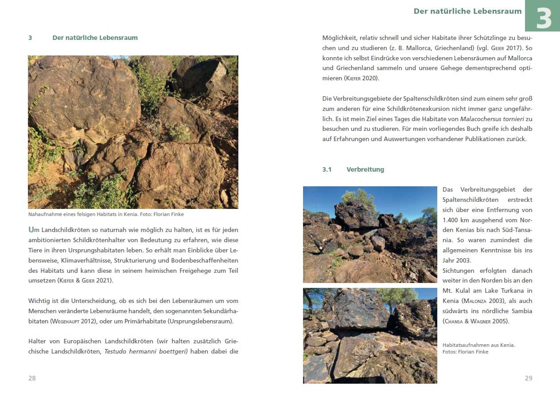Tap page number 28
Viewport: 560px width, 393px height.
click(x=32, y=378)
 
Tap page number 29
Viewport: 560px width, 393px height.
click(x=528, y=378)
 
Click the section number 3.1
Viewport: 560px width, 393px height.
click(x=327, y=169)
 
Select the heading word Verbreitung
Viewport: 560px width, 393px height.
click(x=365, y=169)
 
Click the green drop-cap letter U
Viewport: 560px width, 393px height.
click(x=31, y=230)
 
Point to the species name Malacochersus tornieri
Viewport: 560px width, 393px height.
click(x=492, y=119)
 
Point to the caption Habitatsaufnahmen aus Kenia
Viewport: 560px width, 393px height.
click(x=478, y=345)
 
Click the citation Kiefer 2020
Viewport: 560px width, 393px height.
click(x=361, y=78)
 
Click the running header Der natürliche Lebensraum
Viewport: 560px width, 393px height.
click(x=467, y=12)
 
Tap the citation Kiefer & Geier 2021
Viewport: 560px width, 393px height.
click(x=85, y=280)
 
